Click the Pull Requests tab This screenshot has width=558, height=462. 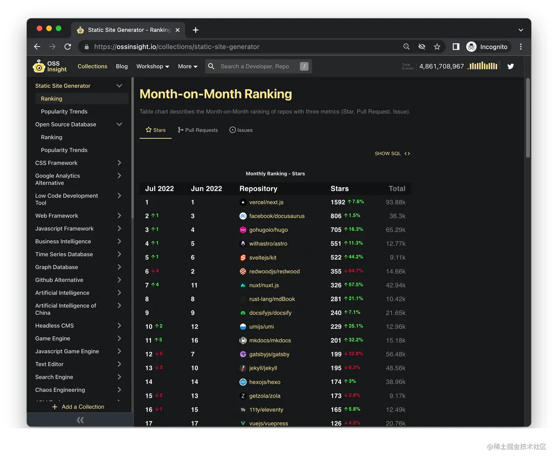pos(198,130)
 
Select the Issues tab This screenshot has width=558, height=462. pos(241,130)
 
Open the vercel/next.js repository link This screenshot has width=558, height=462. pos(266,202)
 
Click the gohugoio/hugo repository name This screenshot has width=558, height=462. pos(268,230)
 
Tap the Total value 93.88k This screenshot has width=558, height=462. pos(395,202)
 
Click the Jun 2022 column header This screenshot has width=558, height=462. pos(206,189)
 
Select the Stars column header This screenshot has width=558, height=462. pos(339,189)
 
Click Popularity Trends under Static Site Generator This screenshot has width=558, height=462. pos(64,112)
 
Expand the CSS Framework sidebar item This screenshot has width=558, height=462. pos(119,163)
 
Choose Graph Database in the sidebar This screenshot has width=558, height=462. pos(56,267)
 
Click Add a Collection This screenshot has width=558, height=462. pos(78,407)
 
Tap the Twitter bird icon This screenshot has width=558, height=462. pos(510,66)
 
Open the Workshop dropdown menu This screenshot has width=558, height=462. pos(152,66)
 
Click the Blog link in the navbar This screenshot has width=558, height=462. pos(121,66)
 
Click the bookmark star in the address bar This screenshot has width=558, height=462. pos(437,47)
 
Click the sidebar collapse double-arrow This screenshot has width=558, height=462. pos(80,420)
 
